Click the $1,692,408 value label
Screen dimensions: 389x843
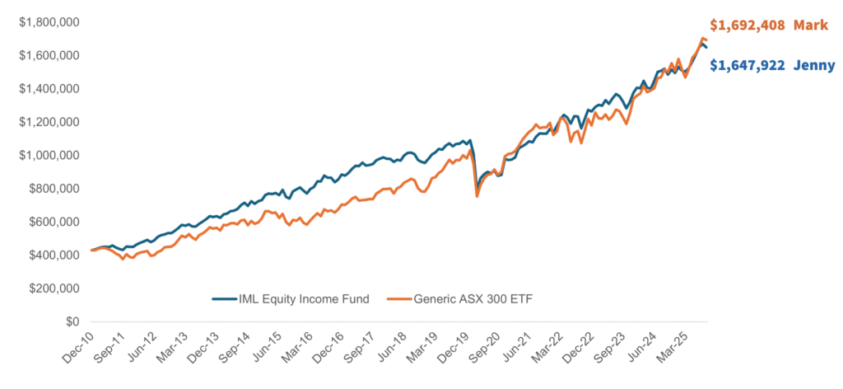pyautogui.click(x=748, y=25)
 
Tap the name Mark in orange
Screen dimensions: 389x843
pyautogui.click(x=810, y=25)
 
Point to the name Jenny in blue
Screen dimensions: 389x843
pyautogui.click(x=814, y=66)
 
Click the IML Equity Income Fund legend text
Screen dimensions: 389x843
pyautogui.click(x=302, y=298)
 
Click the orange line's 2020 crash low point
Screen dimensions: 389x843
pyautogui.click(x=477, y=195)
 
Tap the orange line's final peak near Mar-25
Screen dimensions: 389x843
pyautogui.click(x=702, y=39)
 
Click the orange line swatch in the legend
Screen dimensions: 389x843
pyautogui.click(x=399, y=298)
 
